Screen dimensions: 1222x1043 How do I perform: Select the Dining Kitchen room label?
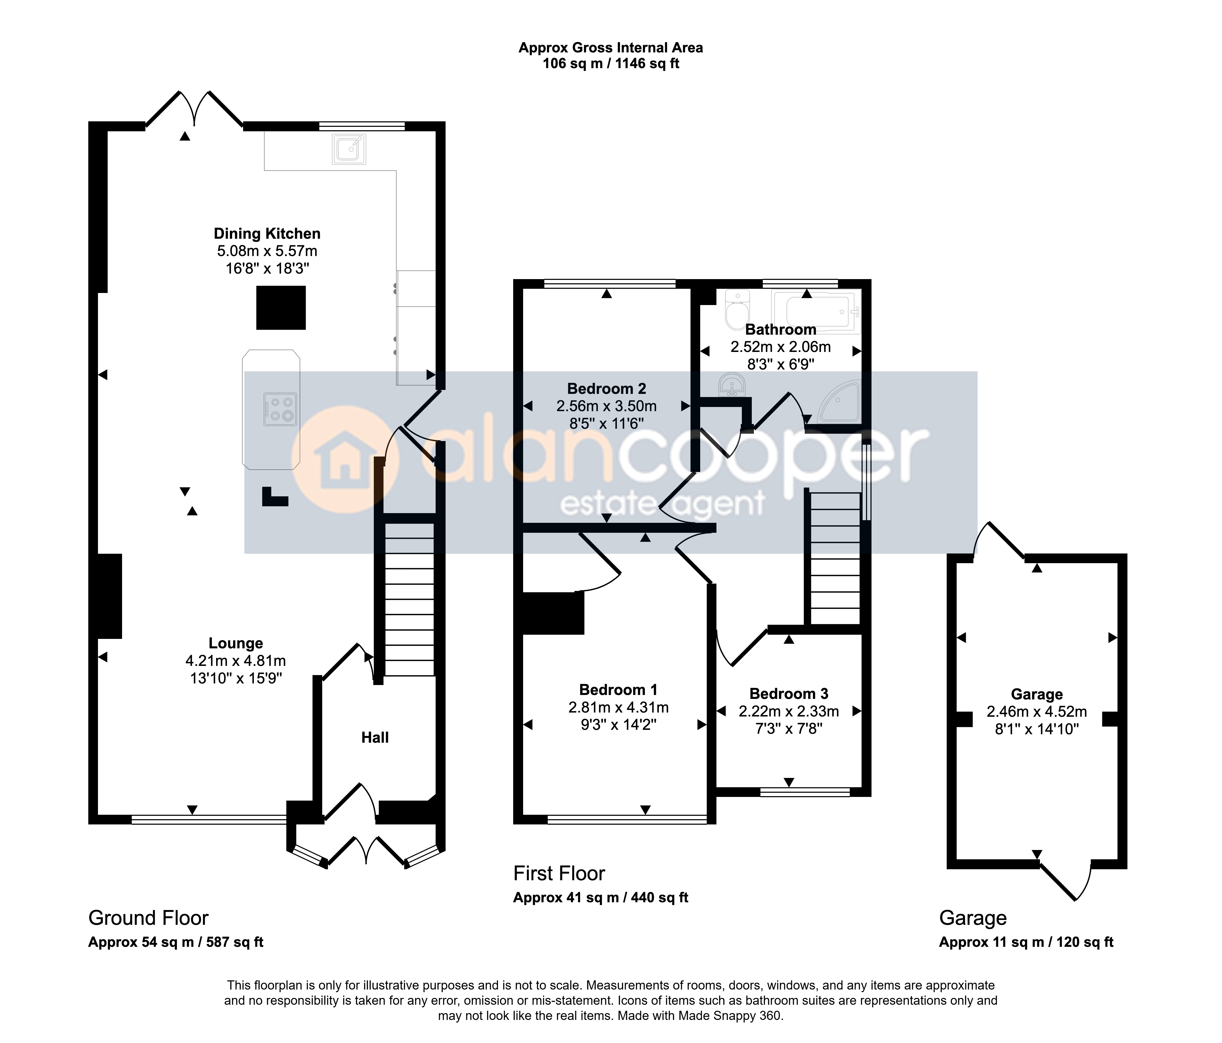tap(267, 233)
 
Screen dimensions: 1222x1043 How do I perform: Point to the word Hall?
tap(375, 737)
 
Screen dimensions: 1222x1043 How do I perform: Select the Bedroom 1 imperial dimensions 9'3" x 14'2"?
tap(618, 724)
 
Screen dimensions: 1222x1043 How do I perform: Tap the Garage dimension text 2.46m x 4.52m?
tap(1037, 712)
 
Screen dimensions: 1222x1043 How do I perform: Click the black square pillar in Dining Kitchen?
tap(281, 307)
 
